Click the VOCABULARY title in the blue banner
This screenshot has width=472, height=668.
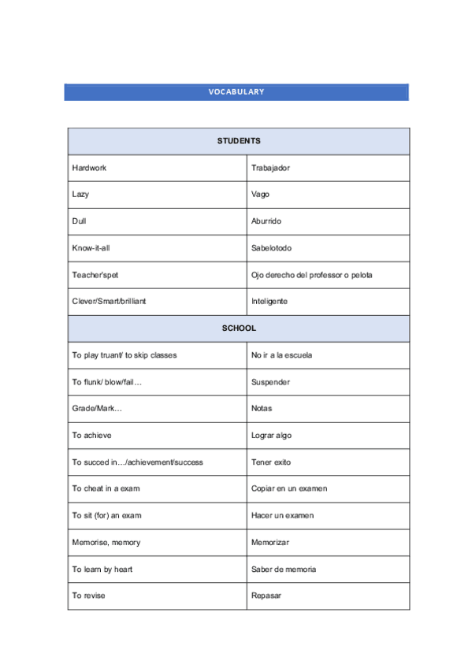point(236,92)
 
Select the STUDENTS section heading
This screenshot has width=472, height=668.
point(239,141)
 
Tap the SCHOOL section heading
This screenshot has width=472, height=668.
point(239,328)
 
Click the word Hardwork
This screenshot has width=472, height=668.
point(89,168)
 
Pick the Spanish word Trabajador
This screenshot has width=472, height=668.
point(270,168)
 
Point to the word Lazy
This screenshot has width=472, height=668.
point(80,195)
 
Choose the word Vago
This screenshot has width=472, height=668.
point(260,195)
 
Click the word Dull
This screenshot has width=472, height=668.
point(79,221)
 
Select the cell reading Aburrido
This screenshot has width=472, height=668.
point(266,221)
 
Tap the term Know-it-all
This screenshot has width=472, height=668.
point(91,248)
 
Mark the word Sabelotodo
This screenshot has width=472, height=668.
point(271,248)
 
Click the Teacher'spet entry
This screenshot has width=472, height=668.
point(95,275)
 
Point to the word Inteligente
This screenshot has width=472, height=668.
point(269,301)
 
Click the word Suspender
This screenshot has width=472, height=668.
point(270,382)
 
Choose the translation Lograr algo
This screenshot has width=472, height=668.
point(272,436)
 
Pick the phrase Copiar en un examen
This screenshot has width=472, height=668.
point(289,488)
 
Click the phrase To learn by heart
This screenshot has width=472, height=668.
point(102,569)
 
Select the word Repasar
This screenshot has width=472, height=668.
point(266,596)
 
